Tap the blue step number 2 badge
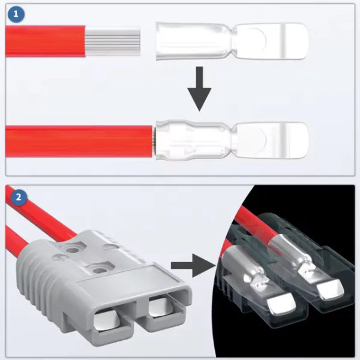tap(16, 196)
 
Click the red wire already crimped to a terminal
tap(78, 140)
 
